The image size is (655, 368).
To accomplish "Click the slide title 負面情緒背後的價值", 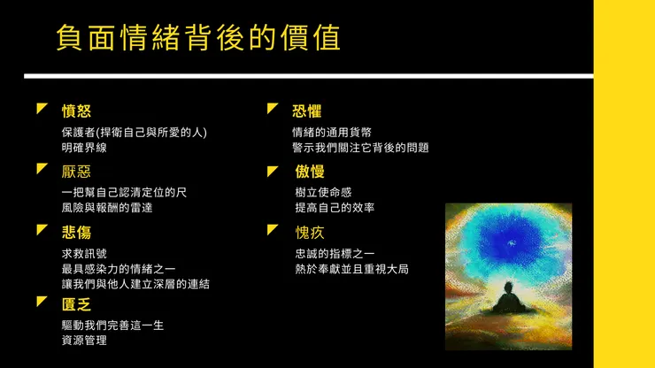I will [197, 38].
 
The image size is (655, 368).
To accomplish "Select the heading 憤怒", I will [76, 111].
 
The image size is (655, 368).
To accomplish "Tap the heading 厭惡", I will [76, 172].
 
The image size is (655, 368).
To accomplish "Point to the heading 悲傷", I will [76, 232].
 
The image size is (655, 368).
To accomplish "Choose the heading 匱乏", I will [76, 304].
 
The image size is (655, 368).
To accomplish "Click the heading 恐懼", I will [306, 111].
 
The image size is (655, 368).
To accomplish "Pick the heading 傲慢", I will [310, 172].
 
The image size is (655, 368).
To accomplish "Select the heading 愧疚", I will [310, 232].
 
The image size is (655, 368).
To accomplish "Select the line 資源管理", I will [85, 341].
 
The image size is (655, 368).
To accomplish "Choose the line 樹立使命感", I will [324, 192].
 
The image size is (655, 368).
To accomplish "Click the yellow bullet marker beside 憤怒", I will [42, 109].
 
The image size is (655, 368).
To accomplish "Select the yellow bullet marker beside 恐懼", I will [273, 109].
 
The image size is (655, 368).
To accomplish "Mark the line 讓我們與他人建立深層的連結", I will [135, 284].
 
